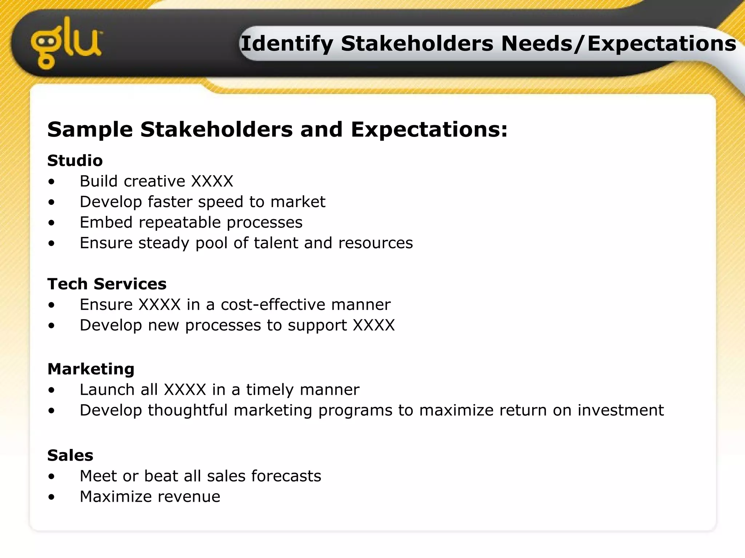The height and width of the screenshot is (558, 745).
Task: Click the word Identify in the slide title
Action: [x=287, y=44]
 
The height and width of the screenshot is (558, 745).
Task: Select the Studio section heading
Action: [x=75, y=161]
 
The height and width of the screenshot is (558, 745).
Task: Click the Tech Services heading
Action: [x=107, y=284]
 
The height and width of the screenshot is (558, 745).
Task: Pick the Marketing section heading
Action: [x=91, y=369]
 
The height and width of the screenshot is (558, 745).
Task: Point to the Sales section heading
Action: [x=70, y=455]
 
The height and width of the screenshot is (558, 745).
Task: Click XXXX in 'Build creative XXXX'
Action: [x=212, y=181]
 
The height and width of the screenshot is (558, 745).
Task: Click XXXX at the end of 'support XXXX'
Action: [x=374, y=325]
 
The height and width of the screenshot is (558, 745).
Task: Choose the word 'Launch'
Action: [x=107, y=390]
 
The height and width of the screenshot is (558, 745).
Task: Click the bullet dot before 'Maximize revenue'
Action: [x=52, y=497]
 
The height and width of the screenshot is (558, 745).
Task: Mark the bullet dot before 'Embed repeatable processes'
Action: [x=52, y=223]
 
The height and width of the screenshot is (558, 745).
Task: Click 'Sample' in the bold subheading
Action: [x=90, y=130]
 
